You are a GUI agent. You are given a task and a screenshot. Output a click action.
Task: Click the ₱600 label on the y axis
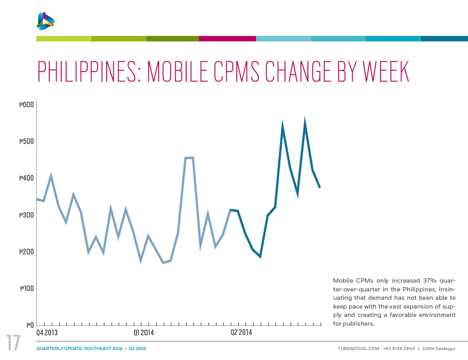27,105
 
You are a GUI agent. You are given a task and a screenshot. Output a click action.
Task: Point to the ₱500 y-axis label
27,141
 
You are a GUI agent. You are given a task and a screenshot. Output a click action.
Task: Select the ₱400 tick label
27,178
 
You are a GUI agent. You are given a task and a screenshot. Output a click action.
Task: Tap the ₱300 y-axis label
27,215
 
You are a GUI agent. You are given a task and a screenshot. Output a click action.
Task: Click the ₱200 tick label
27,252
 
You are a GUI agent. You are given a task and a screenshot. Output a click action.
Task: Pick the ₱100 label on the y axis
27,288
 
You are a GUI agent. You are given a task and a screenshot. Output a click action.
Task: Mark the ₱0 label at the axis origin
30,325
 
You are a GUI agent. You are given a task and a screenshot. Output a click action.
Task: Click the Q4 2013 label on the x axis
47,332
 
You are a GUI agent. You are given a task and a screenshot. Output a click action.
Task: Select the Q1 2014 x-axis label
144,332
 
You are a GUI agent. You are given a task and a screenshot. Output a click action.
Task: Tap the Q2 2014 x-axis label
241,332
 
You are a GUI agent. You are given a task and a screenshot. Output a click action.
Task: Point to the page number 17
13,343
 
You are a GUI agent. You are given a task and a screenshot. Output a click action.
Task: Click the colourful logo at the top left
46,21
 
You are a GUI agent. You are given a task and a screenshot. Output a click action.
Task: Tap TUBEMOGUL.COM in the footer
358,349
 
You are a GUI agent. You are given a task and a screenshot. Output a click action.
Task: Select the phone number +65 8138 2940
399,349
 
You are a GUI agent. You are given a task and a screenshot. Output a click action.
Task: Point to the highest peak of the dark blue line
305,122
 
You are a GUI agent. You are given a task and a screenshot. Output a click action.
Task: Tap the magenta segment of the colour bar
227,38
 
